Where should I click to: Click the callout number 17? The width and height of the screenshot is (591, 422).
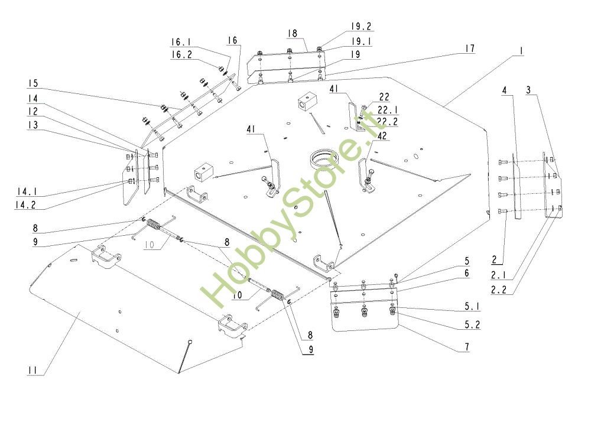tap(469, 48)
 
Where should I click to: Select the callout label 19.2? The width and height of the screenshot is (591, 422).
tap(361, 27)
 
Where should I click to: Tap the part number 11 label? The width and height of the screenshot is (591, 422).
tap(33, 371)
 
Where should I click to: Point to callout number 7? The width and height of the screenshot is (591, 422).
tap(467, 347)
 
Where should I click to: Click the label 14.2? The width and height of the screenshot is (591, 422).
tap(25, 205)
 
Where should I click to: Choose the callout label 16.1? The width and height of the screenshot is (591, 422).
tap(181, 42)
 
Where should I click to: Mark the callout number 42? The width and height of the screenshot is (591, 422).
tap(382, 136)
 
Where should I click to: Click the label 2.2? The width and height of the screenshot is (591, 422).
tap(499, 290)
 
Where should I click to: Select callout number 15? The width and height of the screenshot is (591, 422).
tap(33, 83)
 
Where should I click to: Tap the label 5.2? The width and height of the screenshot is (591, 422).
tap(472, 325)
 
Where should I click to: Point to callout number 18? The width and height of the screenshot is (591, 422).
tap(292, 34)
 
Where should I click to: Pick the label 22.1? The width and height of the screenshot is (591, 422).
tap(388, 110)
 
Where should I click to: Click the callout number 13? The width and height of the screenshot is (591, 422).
tap(33, 125)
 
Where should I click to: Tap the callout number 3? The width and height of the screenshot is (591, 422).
tap(528, 90)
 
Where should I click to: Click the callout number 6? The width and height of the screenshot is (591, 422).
tap(467, 273)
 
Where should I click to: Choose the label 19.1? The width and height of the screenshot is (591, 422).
tap(362, 41)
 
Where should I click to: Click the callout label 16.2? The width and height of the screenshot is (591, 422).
tap(181, 54)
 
